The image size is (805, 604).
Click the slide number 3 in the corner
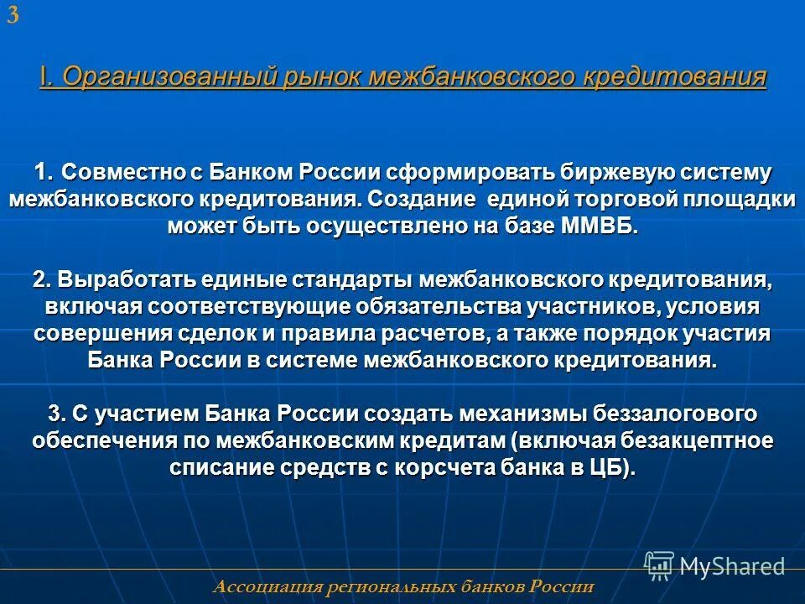[x=13, y=16]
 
